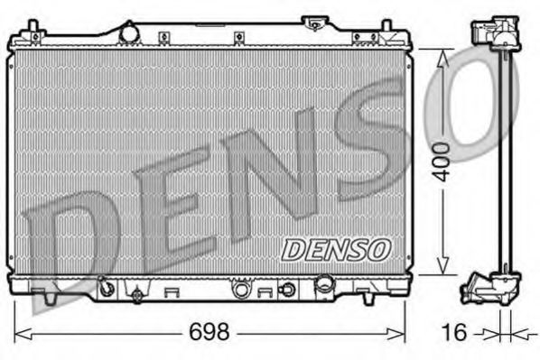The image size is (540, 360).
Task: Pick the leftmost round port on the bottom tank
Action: tap(107, 290)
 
